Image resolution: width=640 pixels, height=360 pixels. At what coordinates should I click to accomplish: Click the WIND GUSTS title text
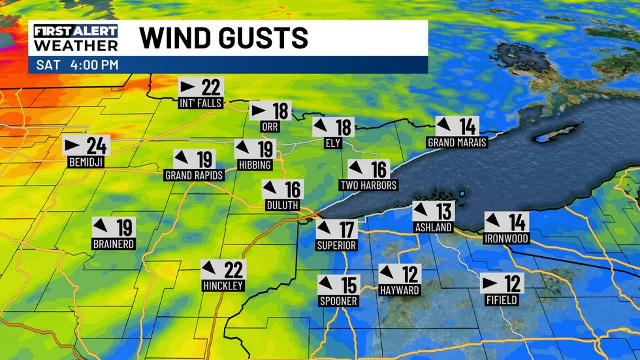pyautogui.click(x=223, y=38)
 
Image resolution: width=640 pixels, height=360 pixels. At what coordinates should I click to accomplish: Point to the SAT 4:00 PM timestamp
pyautogui.click(x=77, y=65)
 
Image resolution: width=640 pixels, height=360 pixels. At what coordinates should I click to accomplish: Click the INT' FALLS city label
pyautogui.click(x=200, y=103)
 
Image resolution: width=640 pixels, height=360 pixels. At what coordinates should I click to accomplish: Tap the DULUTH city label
pyautogui.click(x=282, y=205)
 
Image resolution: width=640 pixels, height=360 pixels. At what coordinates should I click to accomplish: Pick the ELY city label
pyautogui.click(x=333, y=143)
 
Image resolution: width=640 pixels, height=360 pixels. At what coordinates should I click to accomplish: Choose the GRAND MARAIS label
pyautogui.click(x=457, y=142)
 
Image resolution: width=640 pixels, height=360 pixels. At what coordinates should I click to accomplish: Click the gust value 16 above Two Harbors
pyautogui.click(x=379, y=169)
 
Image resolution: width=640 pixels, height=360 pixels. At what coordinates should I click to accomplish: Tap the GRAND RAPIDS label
pyautogui.click(x=195, y=175)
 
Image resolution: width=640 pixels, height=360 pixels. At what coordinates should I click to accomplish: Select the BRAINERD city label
pyautogui.click(x=113, y=244)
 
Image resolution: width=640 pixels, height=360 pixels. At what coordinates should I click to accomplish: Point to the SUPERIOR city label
pyautogui.click(x=336, y=246)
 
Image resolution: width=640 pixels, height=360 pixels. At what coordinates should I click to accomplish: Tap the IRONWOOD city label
pyautogui.click(x=506, y=238)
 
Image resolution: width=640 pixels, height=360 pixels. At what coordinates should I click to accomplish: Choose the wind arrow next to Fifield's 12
pyautogui.click(x=490, y=284)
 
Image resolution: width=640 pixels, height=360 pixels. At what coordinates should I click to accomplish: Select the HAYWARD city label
pyautogui.click(x=399, y=290)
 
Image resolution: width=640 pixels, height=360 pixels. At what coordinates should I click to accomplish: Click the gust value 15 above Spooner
pyautogui.click(x=349, y=285)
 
